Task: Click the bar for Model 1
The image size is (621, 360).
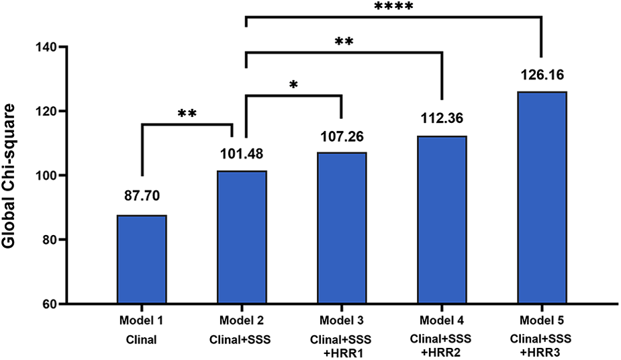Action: pos(142,259)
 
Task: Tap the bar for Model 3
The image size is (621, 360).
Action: pos(342,228)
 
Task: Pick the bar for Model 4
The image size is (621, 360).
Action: pos(442,220)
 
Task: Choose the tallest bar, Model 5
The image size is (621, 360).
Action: pos(542,197)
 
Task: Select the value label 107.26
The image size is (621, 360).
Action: pos(342,137)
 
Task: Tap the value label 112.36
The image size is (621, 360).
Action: pos(442,120)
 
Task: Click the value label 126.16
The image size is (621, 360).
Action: pos(542,76)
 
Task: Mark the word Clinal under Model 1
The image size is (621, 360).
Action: pos(142,340)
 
